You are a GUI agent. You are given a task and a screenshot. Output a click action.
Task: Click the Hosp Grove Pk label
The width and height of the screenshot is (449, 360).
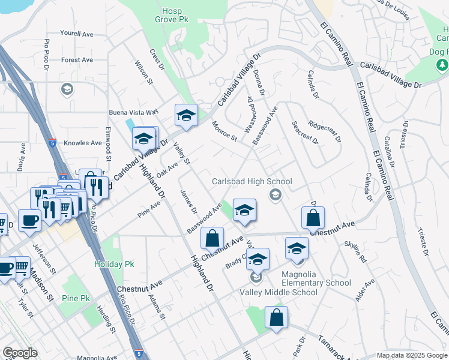click(x=175, y=16)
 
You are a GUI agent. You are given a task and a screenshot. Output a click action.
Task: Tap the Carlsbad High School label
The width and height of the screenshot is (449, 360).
click(x=252, y=181)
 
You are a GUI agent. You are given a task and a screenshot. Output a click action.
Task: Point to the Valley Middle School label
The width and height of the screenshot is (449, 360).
click(x=279, y=292)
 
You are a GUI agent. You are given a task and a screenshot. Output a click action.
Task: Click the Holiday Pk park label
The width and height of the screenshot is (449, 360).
click(x=113, y=264)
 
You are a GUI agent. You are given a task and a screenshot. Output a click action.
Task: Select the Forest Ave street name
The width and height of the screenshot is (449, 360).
click(x=77, y=60)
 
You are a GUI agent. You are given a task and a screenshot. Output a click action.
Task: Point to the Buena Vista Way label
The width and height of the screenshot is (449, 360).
click(x=133, y=112)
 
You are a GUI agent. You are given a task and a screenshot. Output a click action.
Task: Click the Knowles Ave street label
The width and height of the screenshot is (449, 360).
click(x=83, y=143)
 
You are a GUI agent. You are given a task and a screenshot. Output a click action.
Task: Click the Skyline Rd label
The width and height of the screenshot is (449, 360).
click(x=355, y=252)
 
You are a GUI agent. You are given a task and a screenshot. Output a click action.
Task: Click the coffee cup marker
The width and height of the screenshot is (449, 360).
click(x=29, y=220)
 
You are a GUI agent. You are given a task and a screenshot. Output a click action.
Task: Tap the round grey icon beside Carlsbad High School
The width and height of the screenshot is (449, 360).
click(x=276, y=193)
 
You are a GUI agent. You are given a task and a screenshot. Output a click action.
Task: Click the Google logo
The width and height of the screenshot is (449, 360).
click(x=20, y=353)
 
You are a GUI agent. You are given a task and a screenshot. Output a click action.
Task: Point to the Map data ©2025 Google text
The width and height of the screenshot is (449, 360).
click(x=411, y=355)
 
